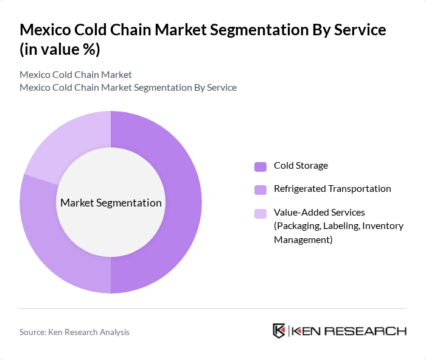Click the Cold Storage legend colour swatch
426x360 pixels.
tap(260, 166)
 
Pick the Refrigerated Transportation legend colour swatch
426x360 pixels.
tap(260, 189)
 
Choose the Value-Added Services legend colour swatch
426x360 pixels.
tap(260, 213)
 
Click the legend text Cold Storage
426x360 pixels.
tap(301, 166)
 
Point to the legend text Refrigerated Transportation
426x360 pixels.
tap(332, 189)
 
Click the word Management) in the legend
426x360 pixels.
tap(303, 239)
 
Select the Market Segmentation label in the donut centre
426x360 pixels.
tap(111, 203)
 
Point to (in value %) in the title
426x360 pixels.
tap(60, 50)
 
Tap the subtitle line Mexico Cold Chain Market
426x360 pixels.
tap(75, 75)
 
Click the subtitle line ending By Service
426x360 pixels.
tap(128, 87)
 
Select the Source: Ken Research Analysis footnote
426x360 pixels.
tap(74, 332)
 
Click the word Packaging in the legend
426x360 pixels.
tap(296, 226)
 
